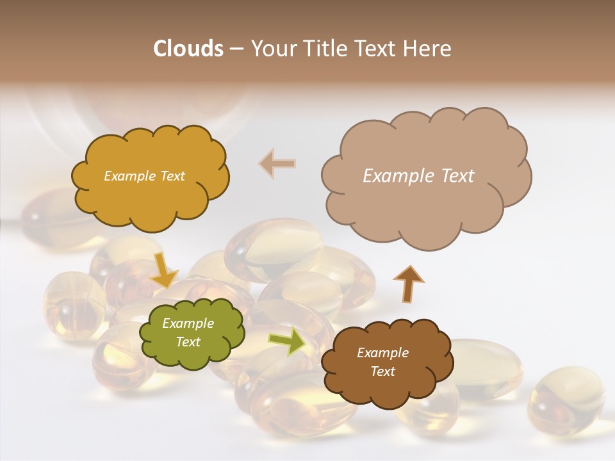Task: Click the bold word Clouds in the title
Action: tap(188, 49)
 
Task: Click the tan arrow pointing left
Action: tap(277, 163)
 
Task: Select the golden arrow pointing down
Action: tap(164, 268)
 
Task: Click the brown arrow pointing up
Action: tap(409, 282)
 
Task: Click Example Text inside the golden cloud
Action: tap(144, 176)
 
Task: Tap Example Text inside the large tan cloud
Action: tap(418, 176)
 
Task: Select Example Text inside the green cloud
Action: tap(188, 333)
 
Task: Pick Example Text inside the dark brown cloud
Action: tap(382, 362)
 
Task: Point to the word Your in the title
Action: tap(271, 49)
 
